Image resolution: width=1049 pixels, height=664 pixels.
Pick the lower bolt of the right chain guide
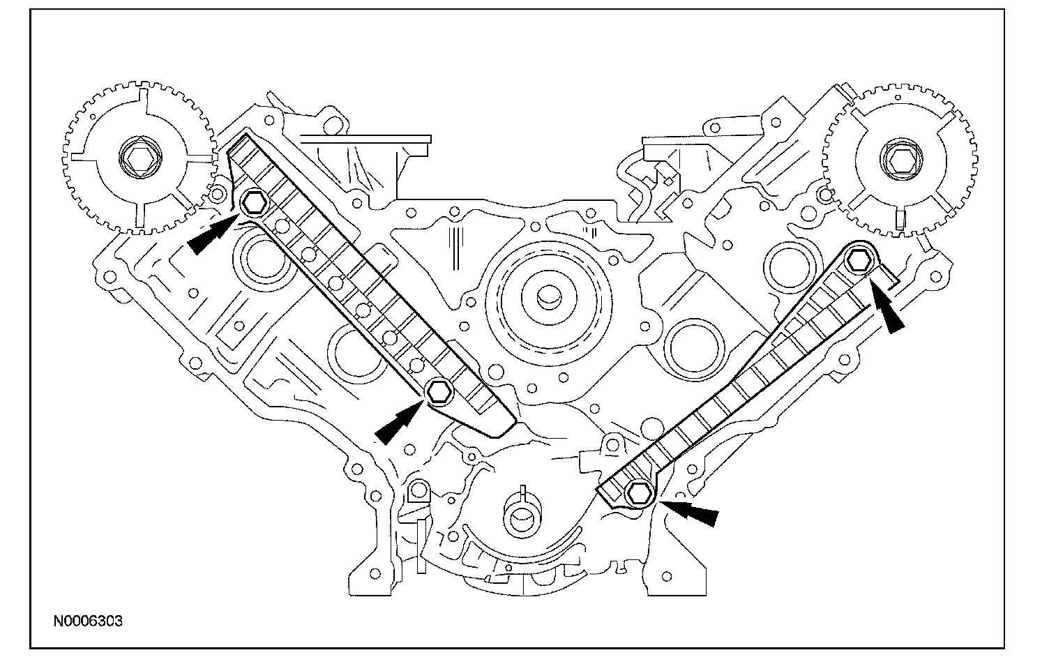pos(637,492)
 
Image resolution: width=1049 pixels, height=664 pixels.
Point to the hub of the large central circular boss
pos(546,296)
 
